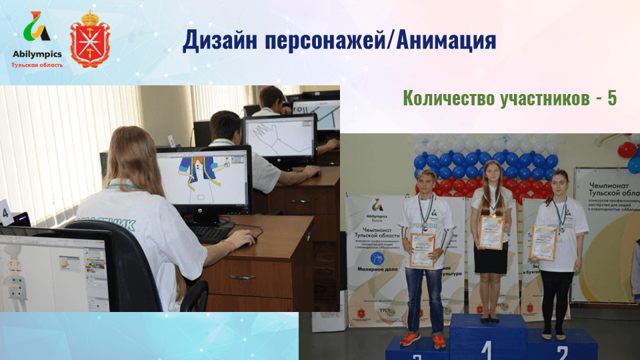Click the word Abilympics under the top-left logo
click(x=37, y=54)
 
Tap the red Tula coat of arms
click(x=90, y=39)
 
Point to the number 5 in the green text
click(x=611, y=99)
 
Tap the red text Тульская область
click(x=37, y=65)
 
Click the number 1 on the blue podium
click(x=486, y=349)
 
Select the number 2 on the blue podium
click(x=561, y=351)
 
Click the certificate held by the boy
click(x=423, y=250)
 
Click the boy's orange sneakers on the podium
click(x=423, y=340)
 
